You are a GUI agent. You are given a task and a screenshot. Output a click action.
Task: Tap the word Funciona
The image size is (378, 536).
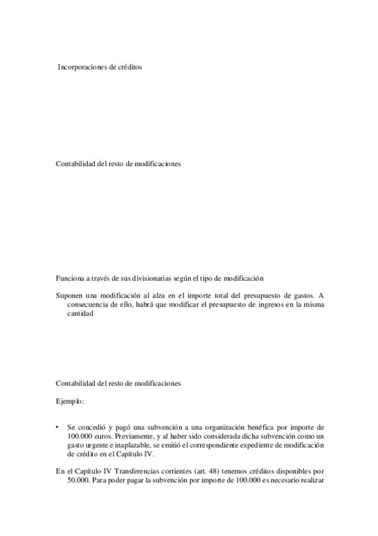click(69, 278)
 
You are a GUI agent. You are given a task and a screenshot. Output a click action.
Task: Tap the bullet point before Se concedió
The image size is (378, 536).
click(57, 428)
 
